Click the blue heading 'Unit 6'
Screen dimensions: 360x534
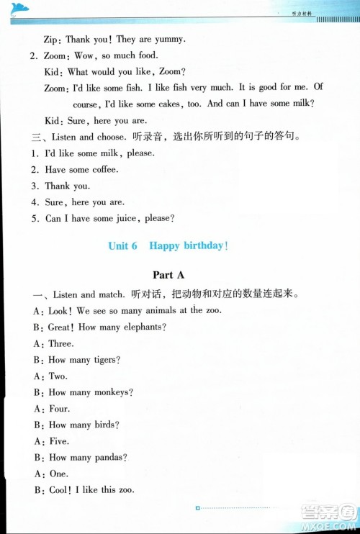click(122, 245)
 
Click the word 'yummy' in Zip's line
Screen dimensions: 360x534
click(167, 39)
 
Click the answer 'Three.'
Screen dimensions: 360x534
click(61, 344)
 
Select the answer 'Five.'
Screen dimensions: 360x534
click(58, 441)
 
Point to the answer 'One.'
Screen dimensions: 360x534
click(58, 474)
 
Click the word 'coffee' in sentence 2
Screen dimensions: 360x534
click(103, 169)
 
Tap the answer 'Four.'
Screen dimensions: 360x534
click(59, 409)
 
